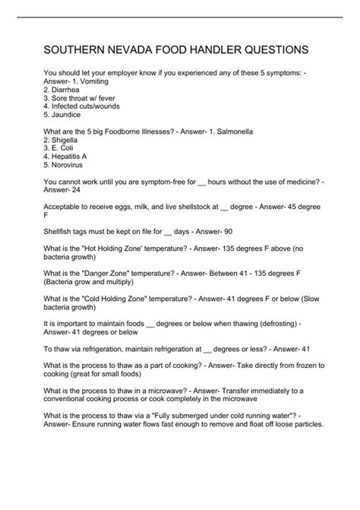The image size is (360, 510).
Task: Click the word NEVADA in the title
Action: pos(126,50)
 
